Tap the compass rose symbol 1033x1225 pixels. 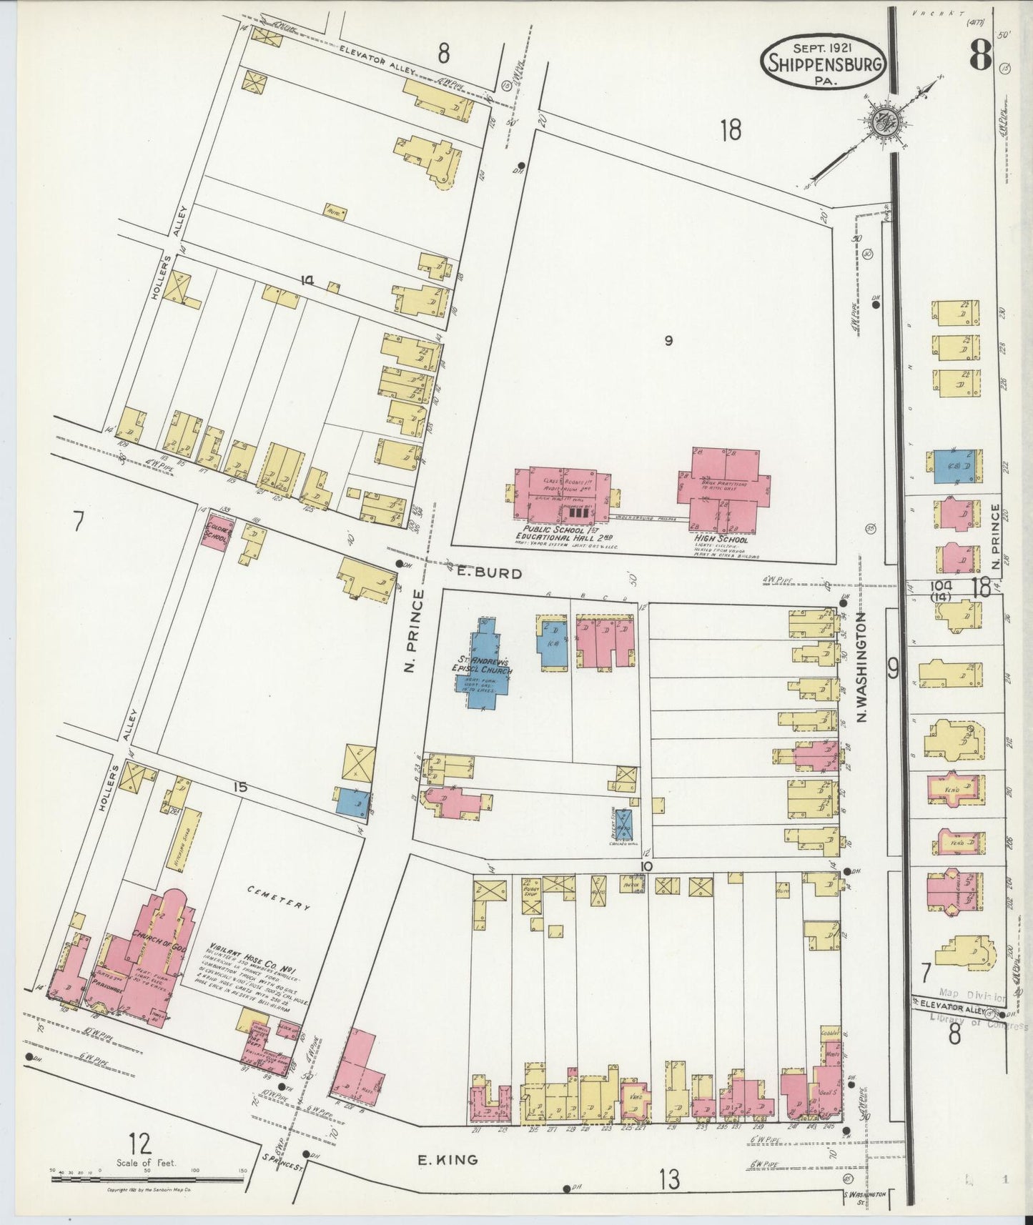(885, 123)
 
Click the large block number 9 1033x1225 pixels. (668, 341)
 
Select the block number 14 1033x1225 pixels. (307, 281)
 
